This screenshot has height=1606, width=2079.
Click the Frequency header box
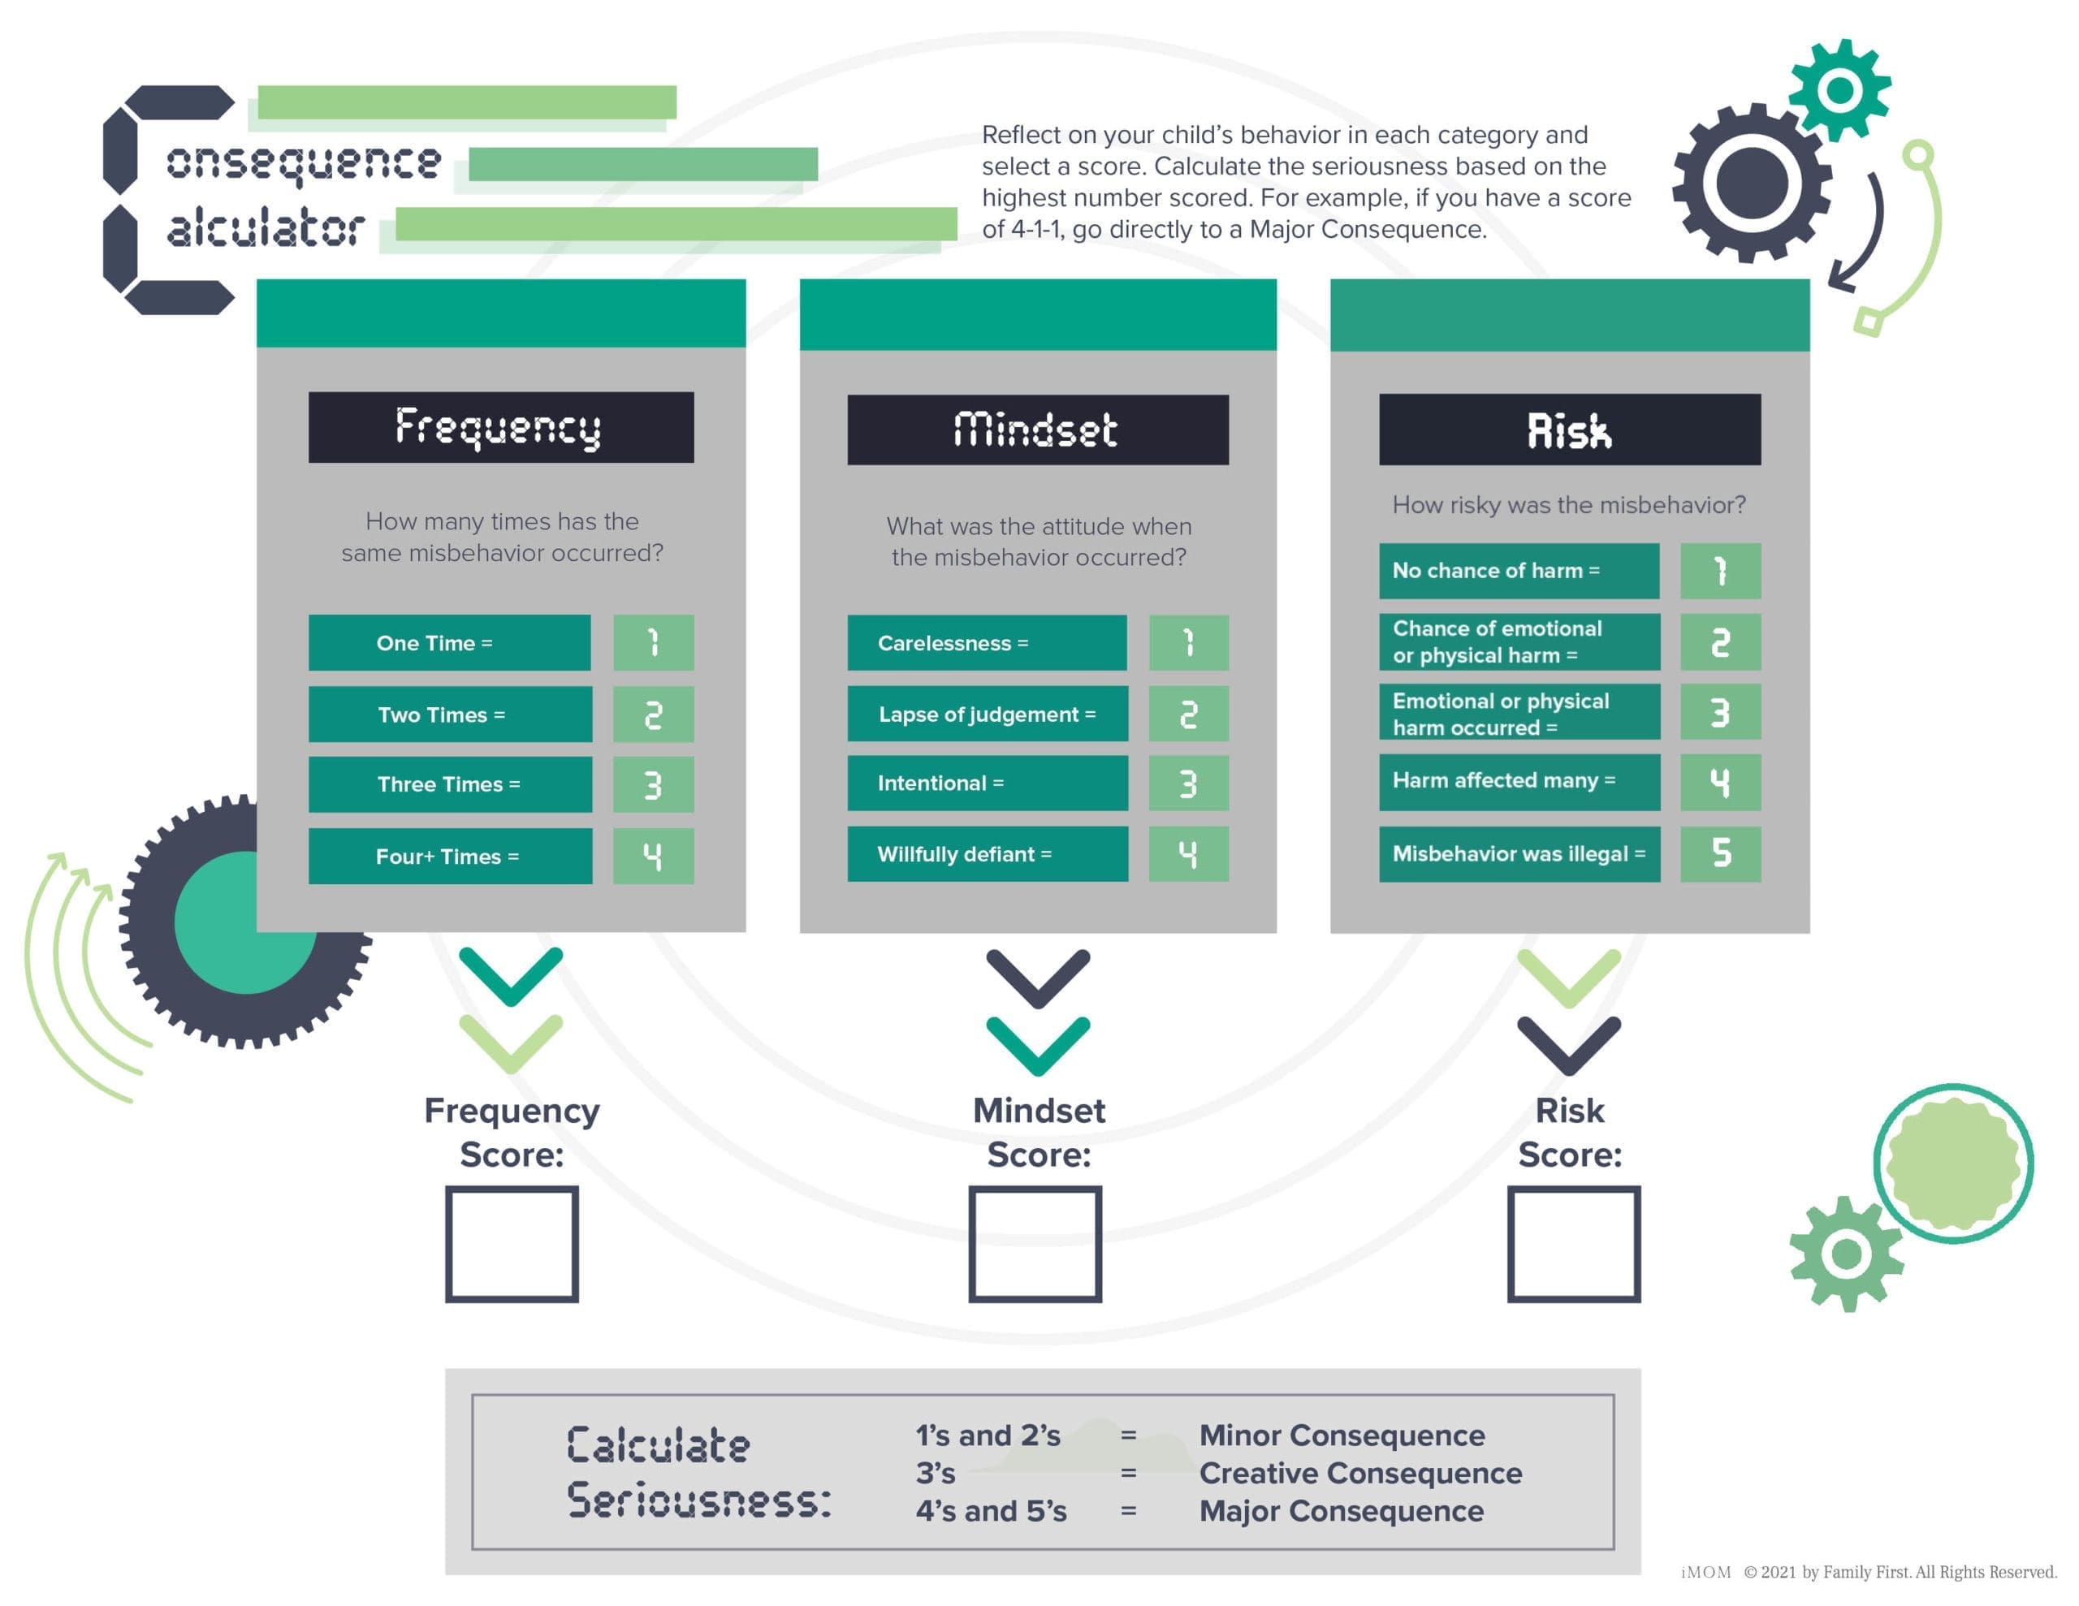501,427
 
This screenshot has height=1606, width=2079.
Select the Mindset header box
1038,430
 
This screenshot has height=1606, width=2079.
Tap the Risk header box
1570,430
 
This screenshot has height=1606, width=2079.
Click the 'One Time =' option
449,642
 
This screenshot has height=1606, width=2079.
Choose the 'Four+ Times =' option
450,856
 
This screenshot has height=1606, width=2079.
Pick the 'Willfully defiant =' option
988,854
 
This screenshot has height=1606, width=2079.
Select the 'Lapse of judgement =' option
988,714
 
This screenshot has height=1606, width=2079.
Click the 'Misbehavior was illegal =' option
1519,854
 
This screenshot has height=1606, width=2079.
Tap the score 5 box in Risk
1720,854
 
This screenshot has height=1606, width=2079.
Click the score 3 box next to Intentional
1188,784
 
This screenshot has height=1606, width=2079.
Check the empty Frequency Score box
512,1243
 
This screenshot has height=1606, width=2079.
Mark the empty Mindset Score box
1035,1243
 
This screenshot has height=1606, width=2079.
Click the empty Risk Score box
1574,1243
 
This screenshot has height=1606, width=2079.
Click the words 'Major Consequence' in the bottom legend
1342,1511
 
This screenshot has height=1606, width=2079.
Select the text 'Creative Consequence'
1360,1473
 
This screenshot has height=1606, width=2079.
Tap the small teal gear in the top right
1839,90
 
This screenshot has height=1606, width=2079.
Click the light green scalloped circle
1953,1163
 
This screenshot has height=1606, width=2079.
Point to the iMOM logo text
1706,1572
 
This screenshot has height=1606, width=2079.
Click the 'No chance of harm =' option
1519,571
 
